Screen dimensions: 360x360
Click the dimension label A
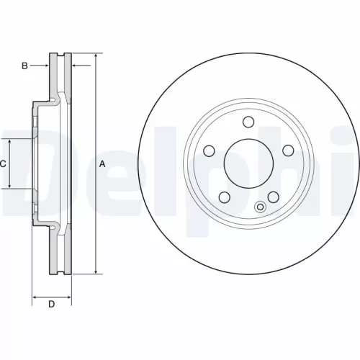point(102,163)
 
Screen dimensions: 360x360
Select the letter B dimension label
point(24,66)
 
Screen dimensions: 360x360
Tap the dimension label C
point(3,164)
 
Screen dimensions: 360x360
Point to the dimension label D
point(51,304)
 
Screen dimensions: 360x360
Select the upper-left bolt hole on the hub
point(210,150)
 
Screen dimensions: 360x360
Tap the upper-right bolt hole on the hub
point(287,150)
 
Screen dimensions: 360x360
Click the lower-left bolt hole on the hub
point(224,196)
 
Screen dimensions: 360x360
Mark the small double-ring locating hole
point(261,208)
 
